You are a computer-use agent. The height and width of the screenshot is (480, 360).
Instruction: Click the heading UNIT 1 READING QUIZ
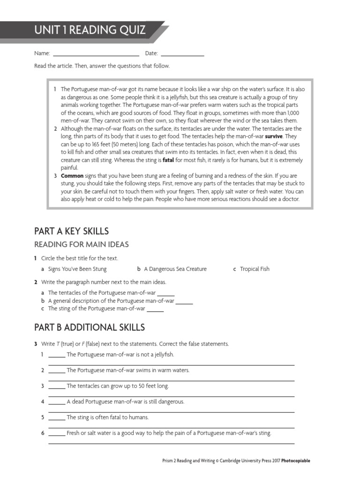click(x=90, y=31)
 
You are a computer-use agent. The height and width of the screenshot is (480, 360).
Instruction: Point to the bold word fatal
click(x=168, y=160)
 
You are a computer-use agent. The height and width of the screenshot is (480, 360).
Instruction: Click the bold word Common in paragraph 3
click(x=72, y=175)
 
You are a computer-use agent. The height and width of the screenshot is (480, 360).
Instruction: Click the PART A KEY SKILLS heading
click(x=71, y=231)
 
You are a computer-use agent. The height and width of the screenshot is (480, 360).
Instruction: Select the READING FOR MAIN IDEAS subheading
click(x=81, y=244)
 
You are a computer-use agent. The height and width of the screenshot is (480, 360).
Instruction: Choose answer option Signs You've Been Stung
click(x=77, y=269)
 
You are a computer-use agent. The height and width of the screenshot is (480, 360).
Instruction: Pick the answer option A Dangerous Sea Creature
click(x=175, y=269)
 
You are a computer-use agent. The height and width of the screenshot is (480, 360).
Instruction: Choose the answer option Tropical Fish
click(x=255, y=269)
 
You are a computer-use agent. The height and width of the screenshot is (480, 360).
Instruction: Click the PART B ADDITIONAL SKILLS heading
click(x=90, y=327)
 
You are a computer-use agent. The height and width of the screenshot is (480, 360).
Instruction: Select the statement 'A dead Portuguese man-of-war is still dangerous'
click(x=126, y=402)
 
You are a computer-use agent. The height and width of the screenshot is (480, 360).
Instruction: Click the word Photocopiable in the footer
click(x=293, y=461)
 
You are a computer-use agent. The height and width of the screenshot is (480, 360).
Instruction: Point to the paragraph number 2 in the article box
click(x=55, y=129)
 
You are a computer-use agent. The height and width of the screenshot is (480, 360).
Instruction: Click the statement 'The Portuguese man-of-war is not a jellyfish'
click(x=120, y=354)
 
